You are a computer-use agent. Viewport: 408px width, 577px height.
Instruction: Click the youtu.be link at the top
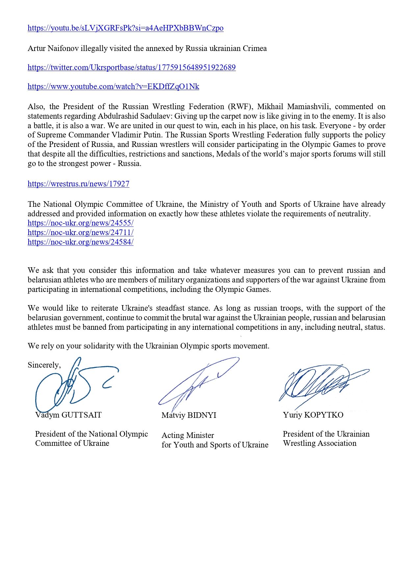coord(125,28)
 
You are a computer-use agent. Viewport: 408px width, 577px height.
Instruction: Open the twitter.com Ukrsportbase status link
coord(132,68)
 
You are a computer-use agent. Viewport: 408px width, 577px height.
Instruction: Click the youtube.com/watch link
coord(113,87)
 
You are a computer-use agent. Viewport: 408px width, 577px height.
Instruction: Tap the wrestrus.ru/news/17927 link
coord(78,184)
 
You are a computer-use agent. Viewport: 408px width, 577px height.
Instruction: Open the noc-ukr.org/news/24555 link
coord(80,223)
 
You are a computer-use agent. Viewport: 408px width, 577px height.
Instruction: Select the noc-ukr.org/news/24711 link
coord(80,233)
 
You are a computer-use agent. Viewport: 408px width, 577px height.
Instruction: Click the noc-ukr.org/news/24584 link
coord(80,242)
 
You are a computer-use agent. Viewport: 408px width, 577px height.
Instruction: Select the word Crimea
coord(255,49)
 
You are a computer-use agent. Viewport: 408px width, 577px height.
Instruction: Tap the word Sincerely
coord(44,365)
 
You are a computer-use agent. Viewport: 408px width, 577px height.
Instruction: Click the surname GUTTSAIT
coord(82,415)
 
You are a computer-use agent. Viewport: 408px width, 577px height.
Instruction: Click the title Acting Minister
coord(188,436)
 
